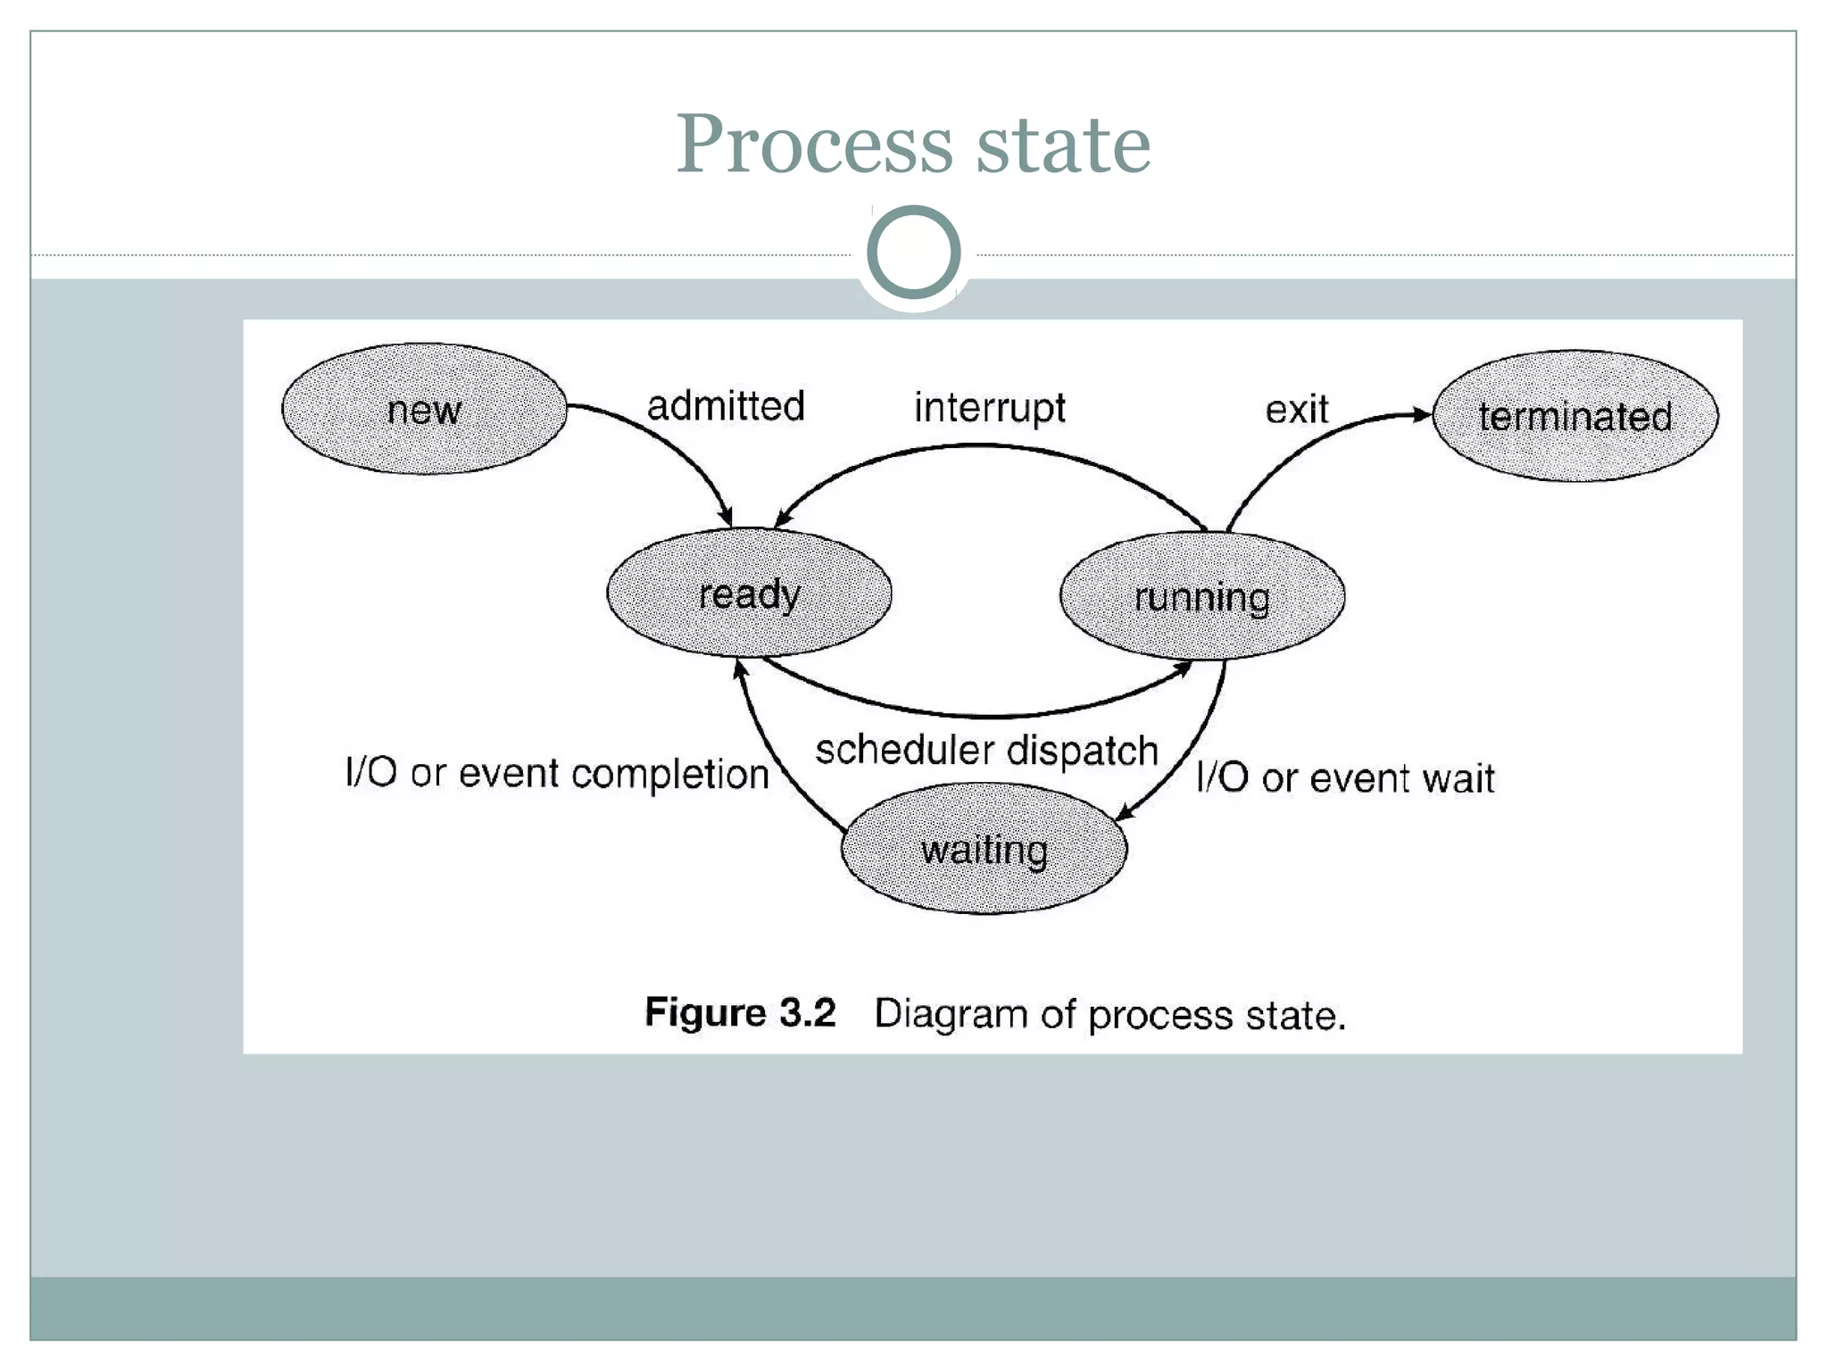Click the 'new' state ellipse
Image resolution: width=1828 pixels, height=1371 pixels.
[424, 409]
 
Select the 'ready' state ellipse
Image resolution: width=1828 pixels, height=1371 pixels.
[749, 594]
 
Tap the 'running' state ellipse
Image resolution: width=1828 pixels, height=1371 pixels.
[1201, 596]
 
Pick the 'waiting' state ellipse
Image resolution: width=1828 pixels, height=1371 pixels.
[984, 849]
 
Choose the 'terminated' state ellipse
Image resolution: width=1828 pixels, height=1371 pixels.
[1575, 416]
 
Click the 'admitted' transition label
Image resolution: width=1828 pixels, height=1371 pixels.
[726, 406]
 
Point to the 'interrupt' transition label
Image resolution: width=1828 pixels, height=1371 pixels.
[989, 408]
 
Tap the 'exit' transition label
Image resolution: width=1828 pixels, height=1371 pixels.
[1296, 410]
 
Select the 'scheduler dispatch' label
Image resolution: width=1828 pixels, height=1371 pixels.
[986, 750]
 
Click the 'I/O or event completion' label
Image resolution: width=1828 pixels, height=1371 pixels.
[557, 773]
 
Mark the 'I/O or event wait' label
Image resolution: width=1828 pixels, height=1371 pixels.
[1345, 777]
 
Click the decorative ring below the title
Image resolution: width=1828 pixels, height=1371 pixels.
[913, 252]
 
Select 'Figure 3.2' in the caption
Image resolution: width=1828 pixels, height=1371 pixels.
[740, 1013]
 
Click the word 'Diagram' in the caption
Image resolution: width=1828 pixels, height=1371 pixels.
[951, 1014]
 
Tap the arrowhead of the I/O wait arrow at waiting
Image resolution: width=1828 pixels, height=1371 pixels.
[1126, 812]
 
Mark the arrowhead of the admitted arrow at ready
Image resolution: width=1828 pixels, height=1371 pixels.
[727, 517]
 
